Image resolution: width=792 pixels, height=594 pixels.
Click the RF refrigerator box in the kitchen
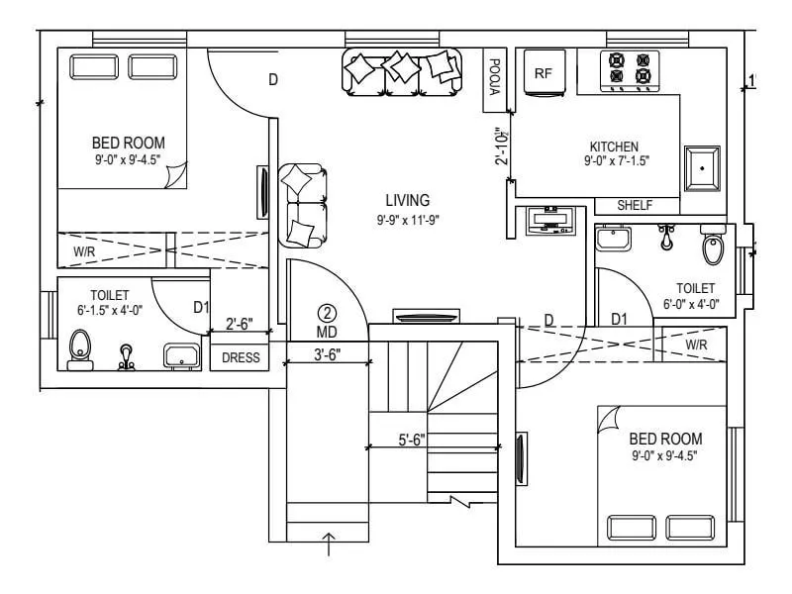pyautogui.click(x=543, y=73)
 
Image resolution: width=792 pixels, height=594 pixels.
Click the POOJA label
pyautogui.click(x=493, y=77)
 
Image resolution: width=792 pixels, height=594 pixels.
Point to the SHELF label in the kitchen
pyautogui.click(x=634, y=206)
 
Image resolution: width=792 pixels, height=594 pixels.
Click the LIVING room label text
pyautogui.click(x=407, y=201)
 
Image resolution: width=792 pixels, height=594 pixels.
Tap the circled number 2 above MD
pyautogui.click(x=328, y=312)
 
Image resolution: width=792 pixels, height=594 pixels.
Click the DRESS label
pyautogui.click(x=240, y=358)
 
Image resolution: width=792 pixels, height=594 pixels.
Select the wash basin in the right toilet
pyautogui.click(x=614, y=239)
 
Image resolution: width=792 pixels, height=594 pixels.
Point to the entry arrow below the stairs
pyautogui.click(x=330, y=542)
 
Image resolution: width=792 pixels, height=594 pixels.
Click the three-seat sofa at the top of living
pyautogui.click(x=403, y=71)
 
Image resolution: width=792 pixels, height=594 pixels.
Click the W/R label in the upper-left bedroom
pyautogui.click(x=84, y=251)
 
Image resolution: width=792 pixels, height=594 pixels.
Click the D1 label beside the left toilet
pyautogui.click(x=201, y=308)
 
